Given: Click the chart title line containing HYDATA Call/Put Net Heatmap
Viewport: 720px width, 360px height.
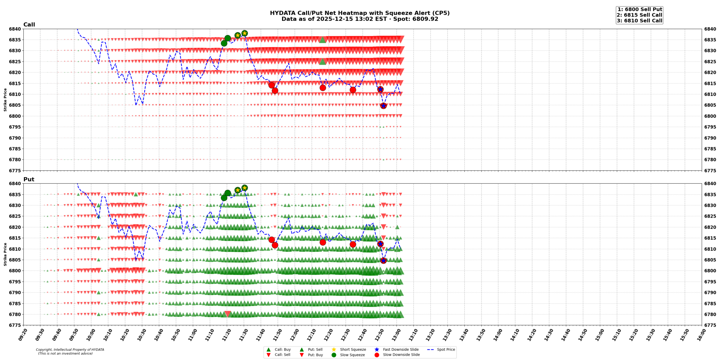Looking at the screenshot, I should (x=359, y=13).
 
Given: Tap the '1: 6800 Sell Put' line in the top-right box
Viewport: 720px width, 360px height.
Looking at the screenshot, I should (x=639, y=9).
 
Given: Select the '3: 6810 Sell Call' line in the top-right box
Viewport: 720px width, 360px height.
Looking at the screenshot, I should (x=639, y=21).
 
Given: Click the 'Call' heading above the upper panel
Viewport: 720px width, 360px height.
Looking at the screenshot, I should (x=29, y=24).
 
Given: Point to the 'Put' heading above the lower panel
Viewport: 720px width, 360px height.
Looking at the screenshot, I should (x=29, y=179).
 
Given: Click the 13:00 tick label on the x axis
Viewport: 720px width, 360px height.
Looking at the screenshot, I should (x=394, y=335).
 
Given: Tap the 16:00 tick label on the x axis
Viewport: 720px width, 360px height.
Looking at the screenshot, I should (x=699, y=335).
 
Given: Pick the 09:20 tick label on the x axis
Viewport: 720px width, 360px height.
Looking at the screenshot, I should (x=22, y=335).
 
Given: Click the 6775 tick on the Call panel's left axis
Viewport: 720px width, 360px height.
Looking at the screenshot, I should (x=15, y=170).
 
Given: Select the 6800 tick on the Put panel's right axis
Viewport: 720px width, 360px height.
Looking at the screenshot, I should (x=710, y=271).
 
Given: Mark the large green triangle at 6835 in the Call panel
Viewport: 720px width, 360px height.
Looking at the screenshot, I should (x=323, y=40).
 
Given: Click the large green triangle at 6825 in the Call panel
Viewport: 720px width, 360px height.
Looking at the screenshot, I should (x=323, y=61).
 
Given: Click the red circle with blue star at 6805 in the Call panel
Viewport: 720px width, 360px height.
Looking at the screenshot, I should (x=383, y=106).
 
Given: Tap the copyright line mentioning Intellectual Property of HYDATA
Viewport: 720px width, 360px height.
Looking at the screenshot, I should (x=70, y=350).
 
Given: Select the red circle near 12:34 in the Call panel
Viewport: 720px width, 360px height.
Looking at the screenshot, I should (x=353, y=90).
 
